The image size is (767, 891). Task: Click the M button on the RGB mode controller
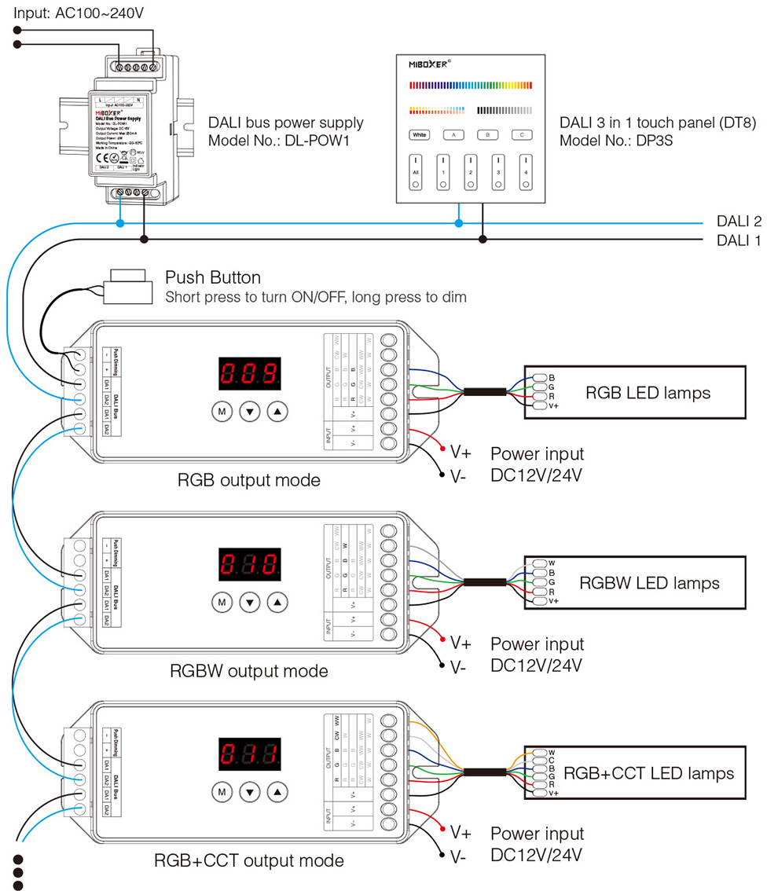point(222,410)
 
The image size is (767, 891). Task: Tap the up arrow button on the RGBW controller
point(277,603)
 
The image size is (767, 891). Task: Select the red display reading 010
point(250,565)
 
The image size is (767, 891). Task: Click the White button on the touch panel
point(420,135)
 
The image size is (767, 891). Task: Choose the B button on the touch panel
point(488,135)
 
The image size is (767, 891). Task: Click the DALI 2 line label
point(739,222)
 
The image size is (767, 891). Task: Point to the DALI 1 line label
point(739,240)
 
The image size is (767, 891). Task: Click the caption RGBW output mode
point(248,671)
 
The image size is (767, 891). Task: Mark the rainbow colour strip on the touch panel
point(471,85)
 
